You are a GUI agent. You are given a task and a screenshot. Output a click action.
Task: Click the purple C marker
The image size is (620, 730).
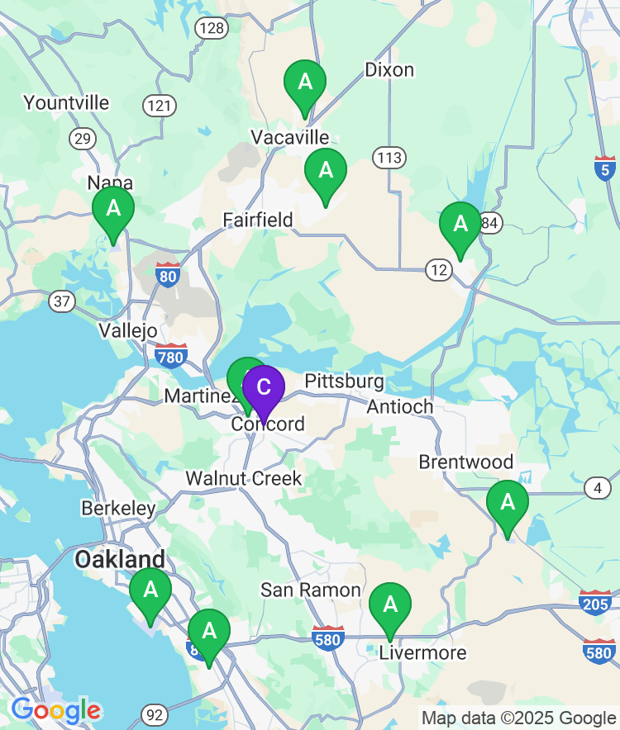click(264, 388)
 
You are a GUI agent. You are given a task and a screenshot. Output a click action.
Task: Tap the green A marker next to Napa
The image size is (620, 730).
click(113, 209)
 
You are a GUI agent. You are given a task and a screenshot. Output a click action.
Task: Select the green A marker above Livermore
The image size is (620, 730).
click(389, 605)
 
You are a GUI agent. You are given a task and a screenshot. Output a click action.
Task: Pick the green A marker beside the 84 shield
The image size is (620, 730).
click(460, 224)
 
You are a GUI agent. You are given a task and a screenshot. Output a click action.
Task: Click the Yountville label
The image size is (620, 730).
click(66, 102)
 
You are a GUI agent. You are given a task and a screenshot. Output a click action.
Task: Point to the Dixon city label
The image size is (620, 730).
click(389, 69)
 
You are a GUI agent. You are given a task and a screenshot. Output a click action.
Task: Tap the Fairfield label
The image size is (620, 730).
click(258, 220)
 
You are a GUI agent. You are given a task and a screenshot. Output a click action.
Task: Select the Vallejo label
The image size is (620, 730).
click(127, 330)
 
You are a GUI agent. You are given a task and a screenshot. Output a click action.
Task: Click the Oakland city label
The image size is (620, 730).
click(120, 559)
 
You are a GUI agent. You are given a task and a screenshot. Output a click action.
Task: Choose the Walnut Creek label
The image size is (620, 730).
click(244, 478)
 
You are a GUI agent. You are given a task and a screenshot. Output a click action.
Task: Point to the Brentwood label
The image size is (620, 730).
click(466, 462)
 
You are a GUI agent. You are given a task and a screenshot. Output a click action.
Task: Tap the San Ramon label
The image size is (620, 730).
click(311, 590)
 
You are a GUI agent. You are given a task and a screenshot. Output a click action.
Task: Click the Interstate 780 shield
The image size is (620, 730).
click(170, 356)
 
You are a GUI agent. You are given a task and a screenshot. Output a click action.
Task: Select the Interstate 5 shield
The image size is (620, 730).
click(605, 168)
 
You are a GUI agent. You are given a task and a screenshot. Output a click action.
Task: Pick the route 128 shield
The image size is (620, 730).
click(212, 29)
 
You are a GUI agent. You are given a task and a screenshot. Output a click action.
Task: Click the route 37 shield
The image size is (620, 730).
click(61, 301)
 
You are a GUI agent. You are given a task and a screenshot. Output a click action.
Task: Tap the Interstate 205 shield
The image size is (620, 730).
click(595, 602)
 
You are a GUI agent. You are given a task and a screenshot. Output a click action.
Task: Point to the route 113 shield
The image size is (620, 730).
click(388, 157)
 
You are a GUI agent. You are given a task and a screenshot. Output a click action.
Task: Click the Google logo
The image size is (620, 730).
click(55, 709)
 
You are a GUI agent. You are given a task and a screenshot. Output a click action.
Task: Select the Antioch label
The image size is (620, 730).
click(400, 406)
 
